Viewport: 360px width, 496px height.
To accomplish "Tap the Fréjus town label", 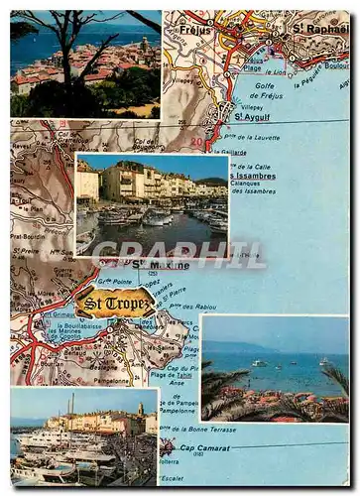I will click(x=195, y=30).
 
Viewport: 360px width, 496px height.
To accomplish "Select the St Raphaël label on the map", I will click(x=317, y=28).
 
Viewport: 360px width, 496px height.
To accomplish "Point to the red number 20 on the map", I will click(x=196, y=142).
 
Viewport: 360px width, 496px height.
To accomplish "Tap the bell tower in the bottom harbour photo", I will click(x=141, y=410).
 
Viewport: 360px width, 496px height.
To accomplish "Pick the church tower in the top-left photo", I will click(x=145, y=44).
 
